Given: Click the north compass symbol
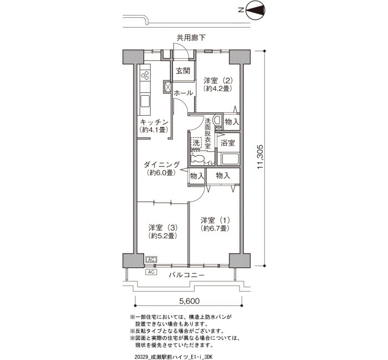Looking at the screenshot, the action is click(256, 10).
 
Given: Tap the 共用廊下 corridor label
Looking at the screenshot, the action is click(191, 38).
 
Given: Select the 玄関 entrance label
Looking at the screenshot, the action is click(183, 71).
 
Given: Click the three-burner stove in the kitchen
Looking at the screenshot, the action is click(145, 75).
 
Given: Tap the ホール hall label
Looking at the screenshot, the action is click(183, 93).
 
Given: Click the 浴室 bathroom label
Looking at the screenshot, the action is click(228, 143).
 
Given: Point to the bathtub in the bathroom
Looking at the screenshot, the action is click(229, 159).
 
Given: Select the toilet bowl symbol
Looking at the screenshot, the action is click(197, 159).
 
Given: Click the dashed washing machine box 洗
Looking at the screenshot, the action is click(196, 143).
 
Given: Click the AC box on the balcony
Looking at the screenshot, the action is click(151, 272).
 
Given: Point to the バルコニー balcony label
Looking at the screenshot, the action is click(187, 275).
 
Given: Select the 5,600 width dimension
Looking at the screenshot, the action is click(189, 301).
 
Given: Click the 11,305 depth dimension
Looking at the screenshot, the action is click(261, 157).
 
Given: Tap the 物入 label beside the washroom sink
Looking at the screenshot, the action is click(232, 122).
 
